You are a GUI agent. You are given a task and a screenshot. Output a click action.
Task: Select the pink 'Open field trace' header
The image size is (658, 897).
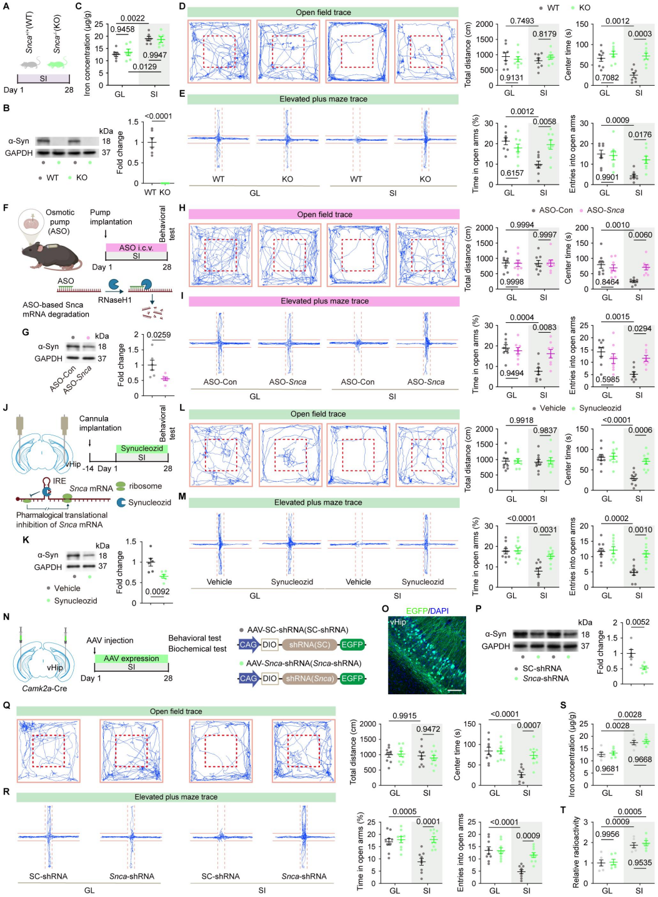tap(324, 215)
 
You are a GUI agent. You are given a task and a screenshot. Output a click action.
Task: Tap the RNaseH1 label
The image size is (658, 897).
tap(115, 300)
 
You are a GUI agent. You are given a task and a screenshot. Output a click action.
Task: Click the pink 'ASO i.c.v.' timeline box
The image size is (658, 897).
tap(136, 248)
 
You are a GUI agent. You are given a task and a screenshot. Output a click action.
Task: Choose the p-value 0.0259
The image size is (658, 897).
tap(158, 335)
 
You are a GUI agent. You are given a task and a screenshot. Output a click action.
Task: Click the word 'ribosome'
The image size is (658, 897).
tap(145, 486)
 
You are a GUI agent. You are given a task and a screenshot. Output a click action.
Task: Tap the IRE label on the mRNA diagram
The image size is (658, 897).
tap(59, 481)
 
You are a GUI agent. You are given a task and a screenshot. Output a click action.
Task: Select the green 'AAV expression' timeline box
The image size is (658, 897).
tap(131, 658)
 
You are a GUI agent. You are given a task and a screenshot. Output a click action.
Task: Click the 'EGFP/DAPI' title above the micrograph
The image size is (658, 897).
tap(427, 611)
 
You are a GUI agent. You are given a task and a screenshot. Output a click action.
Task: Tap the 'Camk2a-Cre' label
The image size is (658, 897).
tap(44, 688)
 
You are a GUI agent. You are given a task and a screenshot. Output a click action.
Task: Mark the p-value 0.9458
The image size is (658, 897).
tap(122, 29)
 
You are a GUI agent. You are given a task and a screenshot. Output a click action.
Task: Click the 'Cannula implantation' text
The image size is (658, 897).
tap(100, 423)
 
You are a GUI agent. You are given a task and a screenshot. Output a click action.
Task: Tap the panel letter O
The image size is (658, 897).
tap(385, 609)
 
